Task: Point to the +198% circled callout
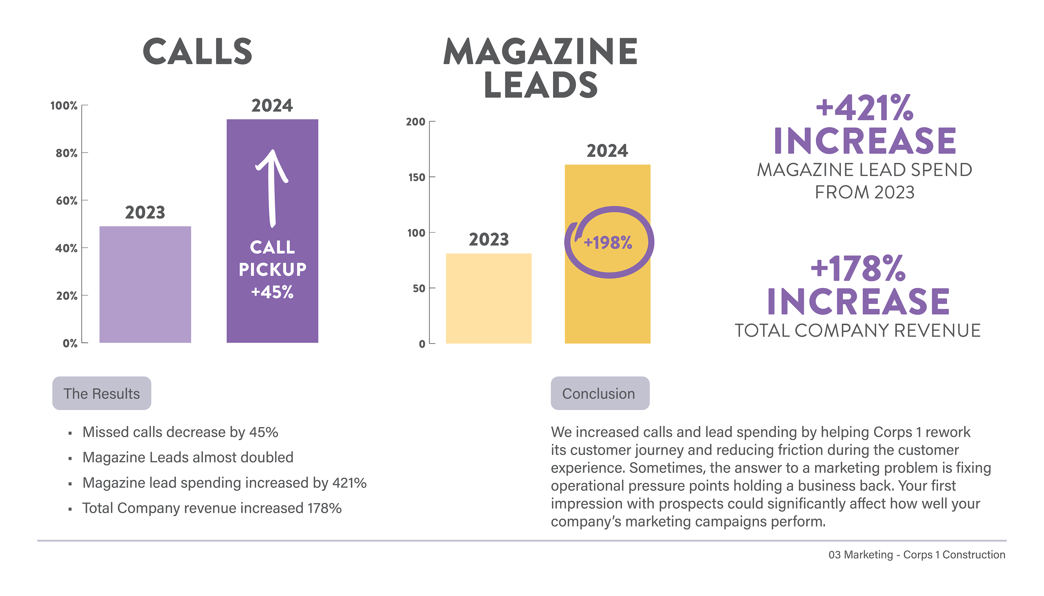pyautogui.click(x=609, y=242)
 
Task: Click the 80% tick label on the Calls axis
pyautogui.click(x=66, y=153)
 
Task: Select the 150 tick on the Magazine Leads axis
pyautogui.click(x=417, y=177)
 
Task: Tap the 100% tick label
pyautogui.click(x=64, y=106)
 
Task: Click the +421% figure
pyautogui.click(x=864, y=108)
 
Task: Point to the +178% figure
pyautogui.click(x=858, y=269)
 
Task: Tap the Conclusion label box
pyautogui.click(x=599, y=393)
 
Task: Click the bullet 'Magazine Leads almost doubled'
pyautogui.click(x=188, y=457)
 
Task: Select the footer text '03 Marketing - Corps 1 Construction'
pyautogui.click(x=916, y=555)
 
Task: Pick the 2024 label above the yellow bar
pyautogui.click(x=607, y=151)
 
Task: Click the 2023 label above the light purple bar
pyautogui.click(x=145, y=212)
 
